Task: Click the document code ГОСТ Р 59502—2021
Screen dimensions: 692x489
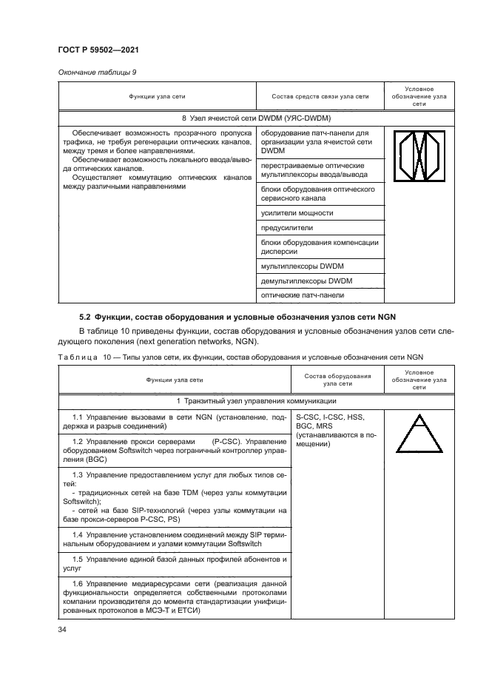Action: (x=98, y=49)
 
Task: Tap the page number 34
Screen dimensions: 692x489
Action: (x=62, y=630)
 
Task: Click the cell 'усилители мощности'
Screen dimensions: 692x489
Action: (x=297, y=213)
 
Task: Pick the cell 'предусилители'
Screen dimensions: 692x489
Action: (x=288, y=228)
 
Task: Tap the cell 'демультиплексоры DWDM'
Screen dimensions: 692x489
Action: (x=307, y=281)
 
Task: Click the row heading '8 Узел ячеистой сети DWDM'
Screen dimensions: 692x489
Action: (x=255, y=118)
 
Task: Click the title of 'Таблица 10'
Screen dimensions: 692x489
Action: (x=240, y=358)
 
